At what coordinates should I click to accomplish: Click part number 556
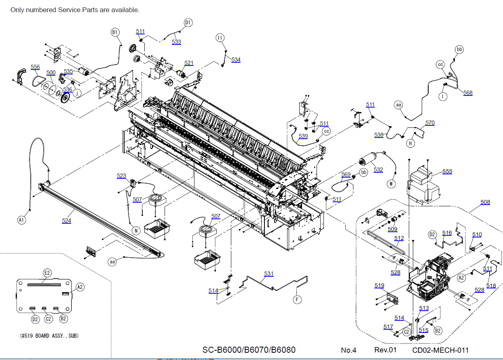[35, 67]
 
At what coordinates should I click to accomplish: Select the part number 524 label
[66, 220]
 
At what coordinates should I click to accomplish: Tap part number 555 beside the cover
[447, 172]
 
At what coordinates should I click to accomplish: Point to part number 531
[269, 273]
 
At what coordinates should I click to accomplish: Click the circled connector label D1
[188, 23]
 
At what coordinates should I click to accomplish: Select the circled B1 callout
[115, 32]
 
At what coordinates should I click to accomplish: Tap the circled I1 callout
[220, 38]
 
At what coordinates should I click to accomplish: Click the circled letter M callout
[391, 184]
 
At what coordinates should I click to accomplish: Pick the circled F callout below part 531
[297, 299]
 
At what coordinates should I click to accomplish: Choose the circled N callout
[136, 231]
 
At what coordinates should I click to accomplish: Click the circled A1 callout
[21, 220]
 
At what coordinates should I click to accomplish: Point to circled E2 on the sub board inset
[47, 273]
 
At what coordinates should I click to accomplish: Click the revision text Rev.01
[385, 350]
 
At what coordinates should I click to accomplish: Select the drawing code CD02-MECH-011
[440, 350]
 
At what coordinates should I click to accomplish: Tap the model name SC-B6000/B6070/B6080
[249, 349]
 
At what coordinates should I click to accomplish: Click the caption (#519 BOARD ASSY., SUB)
[49, 336]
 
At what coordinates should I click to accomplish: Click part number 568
[468, 93]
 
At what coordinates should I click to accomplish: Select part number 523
[121, 176]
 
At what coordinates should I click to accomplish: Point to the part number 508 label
[485, 202]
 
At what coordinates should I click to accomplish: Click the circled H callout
[410, 143]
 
